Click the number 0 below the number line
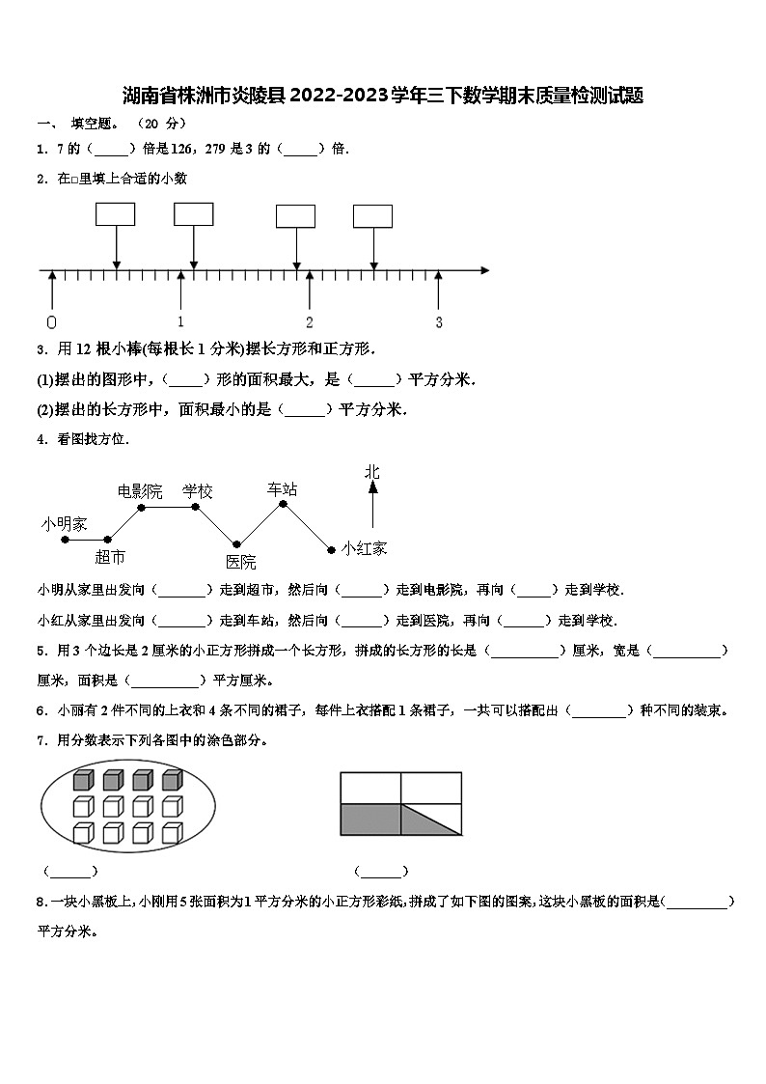pyautogui.click(x=51, y=322)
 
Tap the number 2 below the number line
pyautogui.click(x=310, y=322)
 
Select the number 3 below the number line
pyautogui.click(x=439, y=322)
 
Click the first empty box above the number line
pyautogui.click(x=115, y=214)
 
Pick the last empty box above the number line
pyautogui.click(x=372, y=215)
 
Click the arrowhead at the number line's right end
pyautogui.click(x=485, y=271)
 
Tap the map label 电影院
pyautogui.click(x=140, y=491)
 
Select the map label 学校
pyautogui.click(x=198, y=491)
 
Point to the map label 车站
pyautogui.click(x=283, y=489)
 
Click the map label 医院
pyautogui.click(x=241, y=562)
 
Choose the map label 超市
pyautogui.click(x=110, y=557)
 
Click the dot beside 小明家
pyautogui.click(x=66, y=540)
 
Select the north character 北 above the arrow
pyautogui.click(x=372, y=472)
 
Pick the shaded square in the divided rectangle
pyautogui.click(x=370, y=820)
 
